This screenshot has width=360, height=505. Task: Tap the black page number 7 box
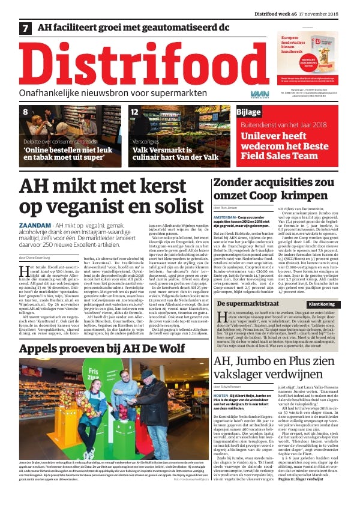pos(26,28)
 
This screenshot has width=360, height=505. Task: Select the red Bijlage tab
pos(249,112)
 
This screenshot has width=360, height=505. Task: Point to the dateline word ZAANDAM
pos(34,225)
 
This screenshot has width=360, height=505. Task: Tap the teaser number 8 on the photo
pos(25,112)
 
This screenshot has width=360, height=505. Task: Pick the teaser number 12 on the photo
pos(135,112)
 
